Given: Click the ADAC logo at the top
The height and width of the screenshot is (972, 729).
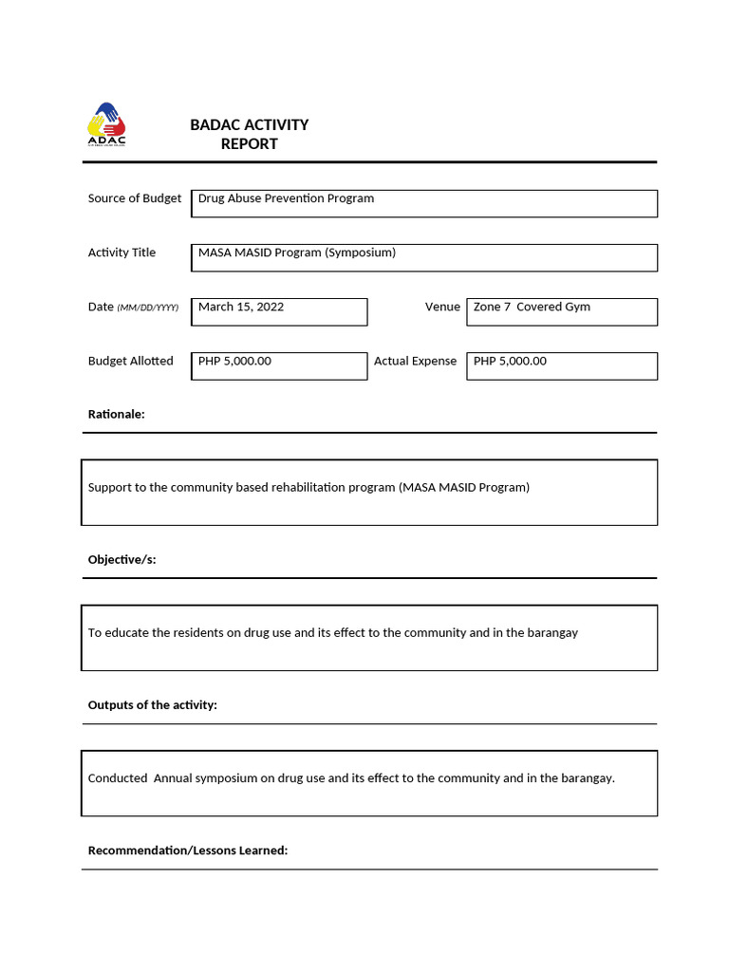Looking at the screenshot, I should pyautogui.click(x=106, y=125).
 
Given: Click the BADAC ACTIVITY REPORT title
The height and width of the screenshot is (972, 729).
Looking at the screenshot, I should pyautogui.click(x=249, y=135).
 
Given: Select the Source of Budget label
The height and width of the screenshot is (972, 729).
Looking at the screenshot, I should pyautogui.click(x=134, y=198).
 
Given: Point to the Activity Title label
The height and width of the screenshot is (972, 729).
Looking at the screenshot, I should pyautogui.click(x=121, y=252).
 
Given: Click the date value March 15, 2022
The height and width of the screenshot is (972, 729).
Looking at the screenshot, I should pyautogui.click(x=241, y=307).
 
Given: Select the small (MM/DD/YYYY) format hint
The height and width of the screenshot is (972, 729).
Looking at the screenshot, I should pyautogui.click(x=147, y=308).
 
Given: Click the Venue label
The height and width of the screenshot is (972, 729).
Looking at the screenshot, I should pyautogui.click(x=442, y=307).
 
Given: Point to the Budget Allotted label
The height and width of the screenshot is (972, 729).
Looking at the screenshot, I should pyautogui.click(x=130, y=361).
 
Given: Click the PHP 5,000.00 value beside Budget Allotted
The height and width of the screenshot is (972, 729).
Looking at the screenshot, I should pyautogui.click(x=234, y=361).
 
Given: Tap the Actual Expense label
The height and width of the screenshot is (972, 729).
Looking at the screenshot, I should pyautogui.click(x=415, y=361).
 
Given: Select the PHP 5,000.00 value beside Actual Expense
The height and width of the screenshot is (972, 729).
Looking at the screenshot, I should pyautogui.click(x=510, y=361).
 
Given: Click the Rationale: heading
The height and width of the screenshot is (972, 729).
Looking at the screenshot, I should pyautogui.click(x=116, y=414).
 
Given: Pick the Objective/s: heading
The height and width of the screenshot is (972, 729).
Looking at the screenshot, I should pyautogui.click(x=121, y=559).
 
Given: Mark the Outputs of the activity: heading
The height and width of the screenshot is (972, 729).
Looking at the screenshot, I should pyautogui.click(x=152, y=704).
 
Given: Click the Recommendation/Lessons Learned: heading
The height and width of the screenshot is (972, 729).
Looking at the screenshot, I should pyautogui.click(x=187, y=850).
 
